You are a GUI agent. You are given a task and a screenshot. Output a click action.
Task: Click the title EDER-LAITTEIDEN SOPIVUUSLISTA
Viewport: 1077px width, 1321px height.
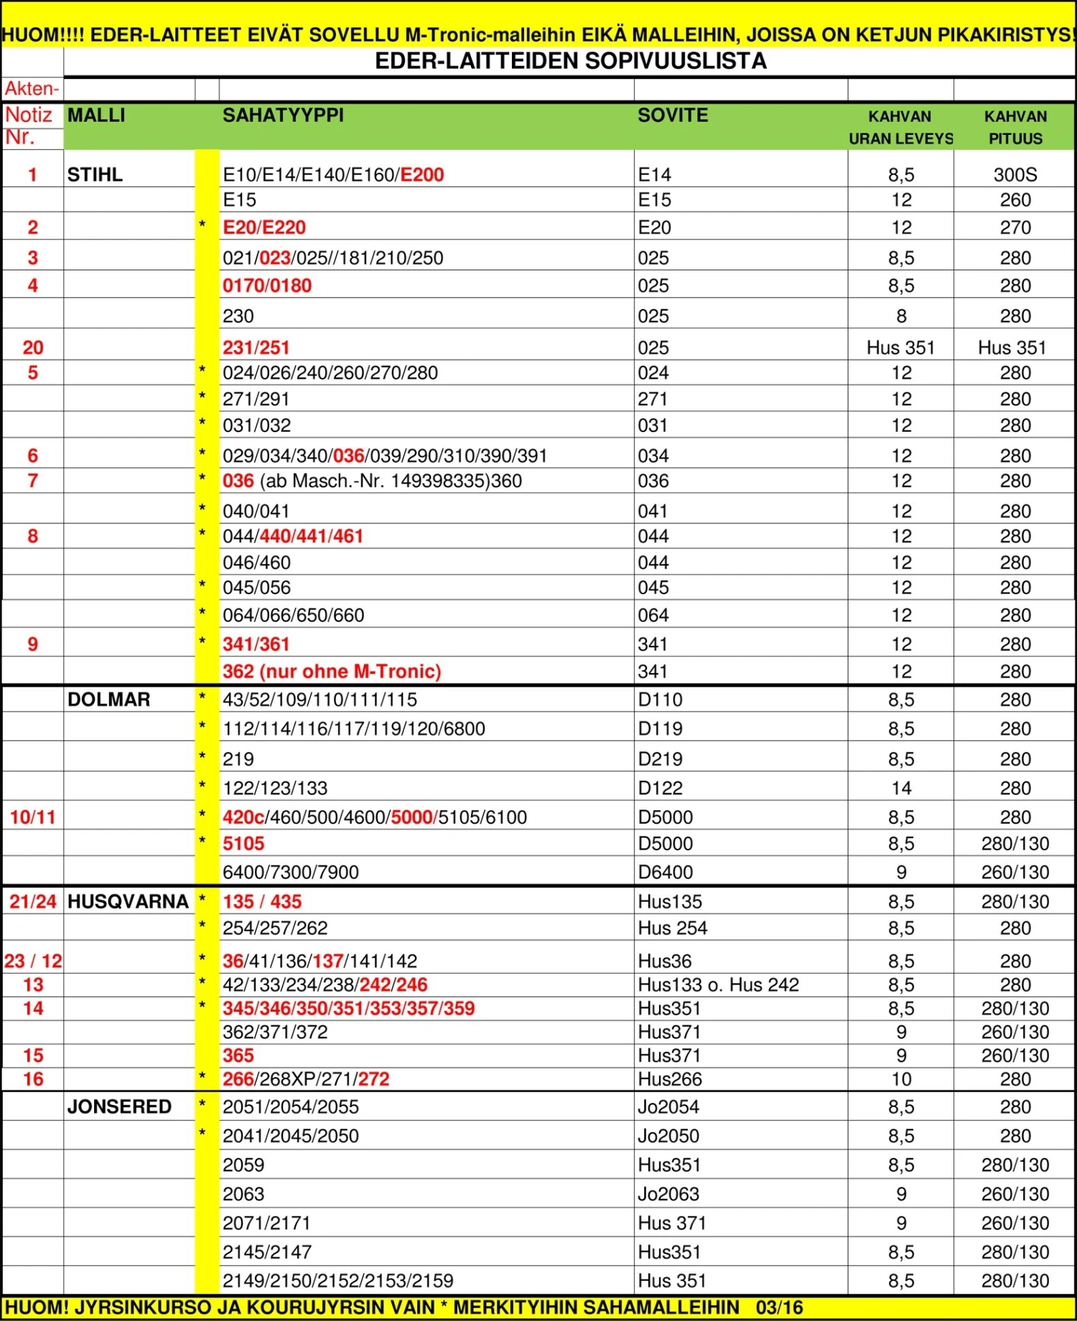(x=571, y=61)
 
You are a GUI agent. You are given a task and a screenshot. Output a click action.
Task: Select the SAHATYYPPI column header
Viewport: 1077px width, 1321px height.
(x=283, y=116)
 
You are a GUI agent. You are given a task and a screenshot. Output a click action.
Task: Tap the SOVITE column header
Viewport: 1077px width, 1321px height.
(x=673, y=116)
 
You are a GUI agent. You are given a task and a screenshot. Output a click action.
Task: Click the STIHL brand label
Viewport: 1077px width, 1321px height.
(x=95, y=174)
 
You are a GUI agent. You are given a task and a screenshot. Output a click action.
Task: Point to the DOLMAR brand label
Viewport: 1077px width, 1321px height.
(x=108, y=700)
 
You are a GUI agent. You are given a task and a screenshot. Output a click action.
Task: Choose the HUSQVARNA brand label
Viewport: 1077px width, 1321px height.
(x=128, y=902)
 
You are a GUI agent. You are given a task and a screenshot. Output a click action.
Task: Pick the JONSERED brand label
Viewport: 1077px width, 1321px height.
(x=119, y=1107)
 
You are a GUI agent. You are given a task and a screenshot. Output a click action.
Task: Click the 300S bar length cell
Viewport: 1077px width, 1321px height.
(x=1015, y=174)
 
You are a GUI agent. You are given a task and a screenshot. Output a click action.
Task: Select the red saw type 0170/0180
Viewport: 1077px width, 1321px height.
(x=267, y=286)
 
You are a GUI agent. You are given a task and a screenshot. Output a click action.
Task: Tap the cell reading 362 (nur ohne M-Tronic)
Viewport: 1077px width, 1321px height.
(x=332, y=672)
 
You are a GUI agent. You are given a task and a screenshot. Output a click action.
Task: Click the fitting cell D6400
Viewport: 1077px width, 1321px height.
(x=666, y=873)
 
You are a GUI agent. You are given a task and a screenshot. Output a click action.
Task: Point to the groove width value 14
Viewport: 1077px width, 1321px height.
(x=901, y=789)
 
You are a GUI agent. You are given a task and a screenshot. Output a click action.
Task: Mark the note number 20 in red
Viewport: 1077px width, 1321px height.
(x=33, y=348)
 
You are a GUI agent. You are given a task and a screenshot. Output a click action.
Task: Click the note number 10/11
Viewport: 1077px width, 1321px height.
(x=32, y=817)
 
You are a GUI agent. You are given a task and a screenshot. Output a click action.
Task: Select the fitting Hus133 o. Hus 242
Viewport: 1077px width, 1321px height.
(x=718, y=985)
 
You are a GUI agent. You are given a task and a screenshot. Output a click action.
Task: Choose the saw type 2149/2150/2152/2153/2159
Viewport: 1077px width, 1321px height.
(x=337, y=1281)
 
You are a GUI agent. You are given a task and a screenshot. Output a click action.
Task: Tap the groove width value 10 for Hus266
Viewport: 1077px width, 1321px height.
(x=901, y=1079)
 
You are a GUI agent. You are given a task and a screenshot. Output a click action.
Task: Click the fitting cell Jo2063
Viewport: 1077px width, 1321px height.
(x=668, y=1194)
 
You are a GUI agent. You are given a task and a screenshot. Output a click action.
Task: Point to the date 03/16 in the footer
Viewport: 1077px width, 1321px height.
(x=779, y=1307)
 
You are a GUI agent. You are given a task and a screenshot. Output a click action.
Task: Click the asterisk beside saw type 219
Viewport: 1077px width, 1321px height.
(x=202, y=756)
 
